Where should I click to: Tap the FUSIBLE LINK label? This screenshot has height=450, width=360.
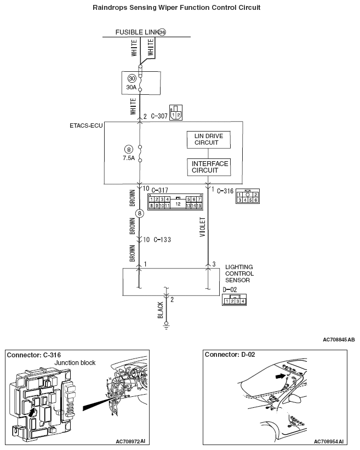(136, 32)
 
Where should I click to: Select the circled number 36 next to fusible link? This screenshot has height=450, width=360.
(162, 32)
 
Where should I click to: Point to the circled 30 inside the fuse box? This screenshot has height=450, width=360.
(132, 78)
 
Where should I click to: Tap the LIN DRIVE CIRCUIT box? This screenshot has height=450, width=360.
(208, 139)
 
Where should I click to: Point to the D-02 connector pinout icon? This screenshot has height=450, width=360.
(234, 300)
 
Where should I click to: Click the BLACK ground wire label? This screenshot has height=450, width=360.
(161, 310)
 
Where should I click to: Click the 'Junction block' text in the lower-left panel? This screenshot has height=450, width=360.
(75, 363)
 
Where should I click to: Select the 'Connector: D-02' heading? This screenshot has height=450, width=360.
(230, 355)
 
